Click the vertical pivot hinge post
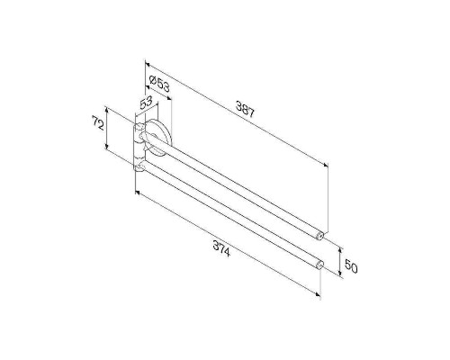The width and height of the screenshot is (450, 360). coord(138,149)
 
